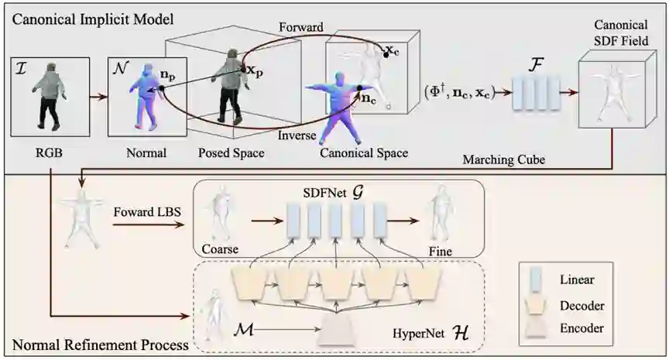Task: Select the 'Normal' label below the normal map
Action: point(146,153)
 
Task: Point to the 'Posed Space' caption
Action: point(232,153)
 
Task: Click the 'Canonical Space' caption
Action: point(364,153)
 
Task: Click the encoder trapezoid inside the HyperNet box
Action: point(345,332)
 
